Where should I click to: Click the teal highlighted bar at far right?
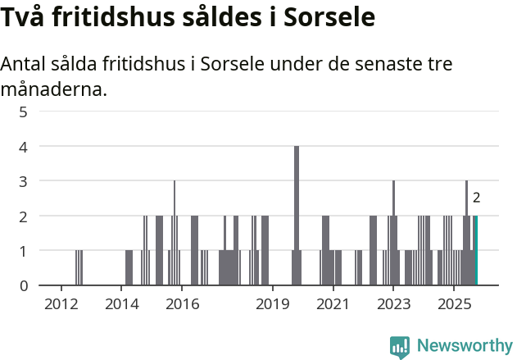tap(475, 250)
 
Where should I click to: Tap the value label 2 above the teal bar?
tap(476, 198)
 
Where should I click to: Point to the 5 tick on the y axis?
tap(24, 112)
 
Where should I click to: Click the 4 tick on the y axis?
tap(24, 147)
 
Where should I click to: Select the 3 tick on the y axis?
tap(24, 181)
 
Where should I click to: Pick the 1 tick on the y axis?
tap(24, 251)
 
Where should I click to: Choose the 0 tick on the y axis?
tap(24, 285)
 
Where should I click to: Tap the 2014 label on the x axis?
tap(121, 305)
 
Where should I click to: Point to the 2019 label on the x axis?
tap(273, 305)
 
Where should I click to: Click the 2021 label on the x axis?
tap(333, 305)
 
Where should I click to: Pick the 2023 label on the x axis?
tap(393, 305)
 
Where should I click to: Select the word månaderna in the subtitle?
tap(54, 89)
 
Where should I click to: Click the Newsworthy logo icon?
tap(400, 346)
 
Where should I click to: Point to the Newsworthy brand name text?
tap(464, 346)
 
